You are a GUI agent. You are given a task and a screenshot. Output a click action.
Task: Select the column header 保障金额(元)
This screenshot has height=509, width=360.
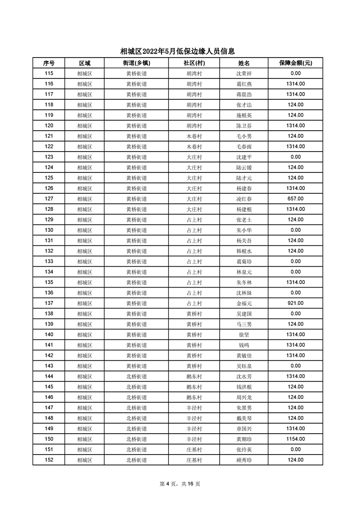296,63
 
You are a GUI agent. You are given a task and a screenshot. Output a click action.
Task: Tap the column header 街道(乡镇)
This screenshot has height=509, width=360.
136,63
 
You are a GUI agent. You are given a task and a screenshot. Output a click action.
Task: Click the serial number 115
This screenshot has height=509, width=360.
49,73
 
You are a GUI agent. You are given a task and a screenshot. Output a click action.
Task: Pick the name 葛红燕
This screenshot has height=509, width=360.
244,84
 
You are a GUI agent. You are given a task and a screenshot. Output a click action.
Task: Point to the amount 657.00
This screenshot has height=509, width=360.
296,199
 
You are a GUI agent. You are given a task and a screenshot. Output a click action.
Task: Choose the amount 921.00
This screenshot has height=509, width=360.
296,303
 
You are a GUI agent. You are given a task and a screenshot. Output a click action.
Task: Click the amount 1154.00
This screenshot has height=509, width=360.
296,439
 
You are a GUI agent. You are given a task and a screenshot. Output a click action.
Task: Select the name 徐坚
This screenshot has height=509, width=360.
244,335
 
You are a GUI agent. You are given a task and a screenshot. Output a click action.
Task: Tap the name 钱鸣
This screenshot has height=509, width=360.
244,345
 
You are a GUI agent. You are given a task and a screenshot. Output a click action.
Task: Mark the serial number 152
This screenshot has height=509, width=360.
49,460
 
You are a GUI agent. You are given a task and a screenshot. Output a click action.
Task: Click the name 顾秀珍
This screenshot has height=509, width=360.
244,460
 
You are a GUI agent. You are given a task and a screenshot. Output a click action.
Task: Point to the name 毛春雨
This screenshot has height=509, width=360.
244,147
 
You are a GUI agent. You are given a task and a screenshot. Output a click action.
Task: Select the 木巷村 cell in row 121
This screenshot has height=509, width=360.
194,136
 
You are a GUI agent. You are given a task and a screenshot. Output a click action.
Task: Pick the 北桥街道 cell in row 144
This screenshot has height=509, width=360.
136,377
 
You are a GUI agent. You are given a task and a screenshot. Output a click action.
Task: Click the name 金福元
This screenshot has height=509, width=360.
244,303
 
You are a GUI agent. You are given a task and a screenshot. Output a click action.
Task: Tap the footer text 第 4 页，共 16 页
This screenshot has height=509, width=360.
180,484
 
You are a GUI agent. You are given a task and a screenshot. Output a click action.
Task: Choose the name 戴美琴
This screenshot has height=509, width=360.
244,418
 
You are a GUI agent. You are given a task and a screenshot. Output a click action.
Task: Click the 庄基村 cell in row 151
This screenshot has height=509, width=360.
194,450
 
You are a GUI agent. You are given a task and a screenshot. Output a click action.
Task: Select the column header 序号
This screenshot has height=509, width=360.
49,63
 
